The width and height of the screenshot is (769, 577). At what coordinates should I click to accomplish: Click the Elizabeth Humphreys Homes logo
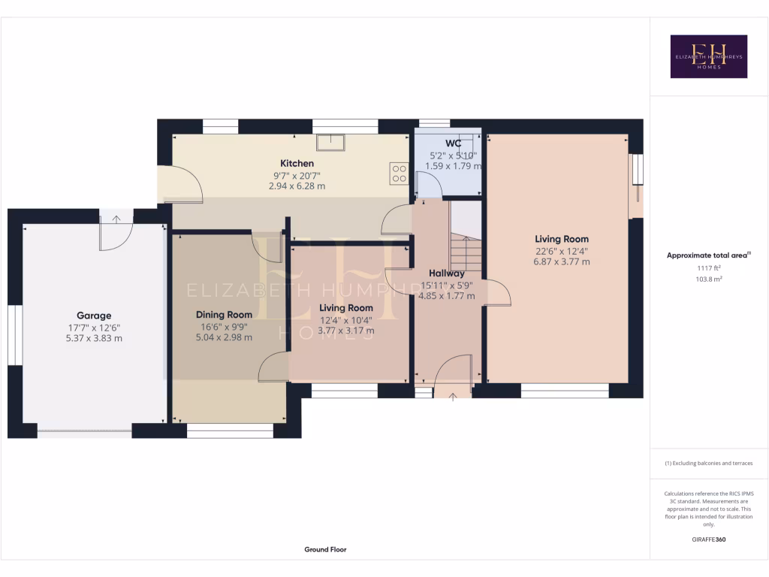708,56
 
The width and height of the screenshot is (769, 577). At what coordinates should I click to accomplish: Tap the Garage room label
94,316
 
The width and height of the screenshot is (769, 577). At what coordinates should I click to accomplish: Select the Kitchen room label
297,163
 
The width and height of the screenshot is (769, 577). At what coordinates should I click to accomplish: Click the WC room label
453,143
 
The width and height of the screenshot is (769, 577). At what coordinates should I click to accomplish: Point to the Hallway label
446,273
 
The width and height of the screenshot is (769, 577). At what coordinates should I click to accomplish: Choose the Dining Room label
224,314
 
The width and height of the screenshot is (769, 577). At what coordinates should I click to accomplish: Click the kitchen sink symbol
330,142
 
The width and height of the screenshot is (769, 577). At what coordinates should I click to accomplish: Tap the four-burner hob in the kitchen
399,174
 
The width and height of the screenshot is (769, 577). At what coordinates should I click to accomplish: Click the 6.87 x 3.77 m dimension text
561,261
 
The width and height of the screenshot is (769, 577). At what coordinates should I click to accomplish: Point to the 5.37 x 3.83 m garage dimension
94,338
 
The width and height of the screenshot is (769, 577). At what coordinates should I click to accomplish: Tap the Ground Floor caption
325,549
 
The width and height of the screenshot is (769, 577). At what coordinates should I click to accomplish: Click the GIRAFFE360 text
708,539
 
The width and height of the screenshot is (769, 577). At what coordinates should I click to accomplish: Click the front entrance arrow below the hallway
453,396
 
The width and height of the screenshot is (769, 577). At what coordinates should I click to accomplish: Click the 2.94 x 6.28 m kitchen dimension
297,186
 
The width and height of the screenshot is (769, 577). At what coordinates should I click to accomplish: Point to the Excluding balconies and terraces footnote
708,464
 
